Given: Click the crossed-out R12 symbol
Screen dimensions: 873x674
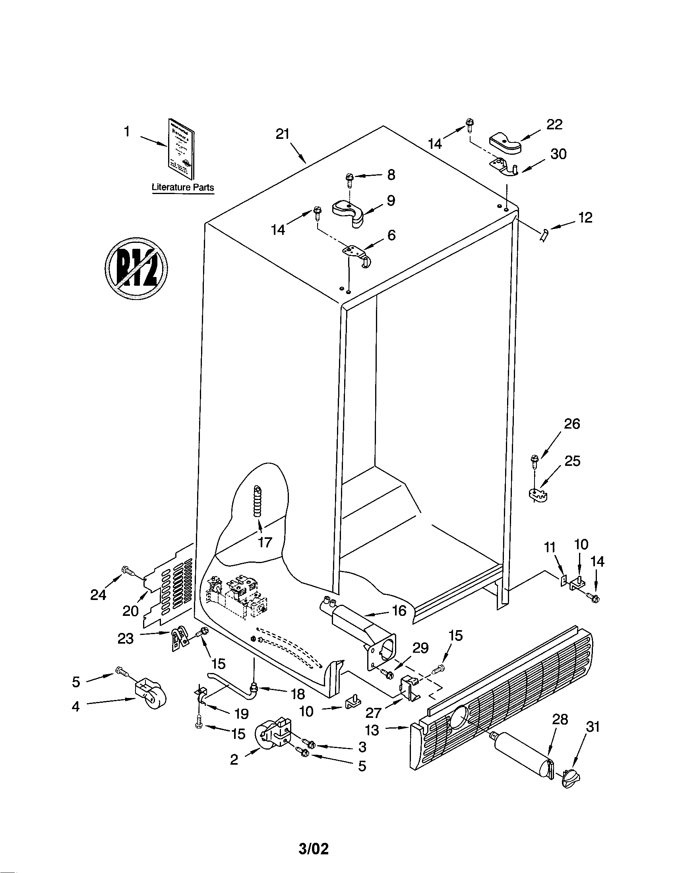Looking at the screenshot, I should (x=136, y=267).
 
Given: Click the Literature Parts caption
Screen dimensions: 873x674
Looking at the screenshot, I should (x=183, y=187).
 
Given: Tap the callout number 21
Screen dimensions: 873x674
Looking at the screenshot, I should (x=283, y=134).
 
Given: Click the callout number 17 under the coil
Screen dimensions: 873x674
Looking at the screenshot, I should (x=265, y=542).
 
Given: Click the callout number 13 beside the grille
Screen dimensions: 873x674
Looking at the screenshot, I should (x=372, y=730).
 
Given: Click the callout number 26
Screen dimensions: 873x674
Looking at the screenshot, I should (x=572, y=424).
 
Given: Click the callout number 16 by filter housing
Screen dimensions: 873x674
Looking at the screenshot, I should (x=399, y=610).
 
